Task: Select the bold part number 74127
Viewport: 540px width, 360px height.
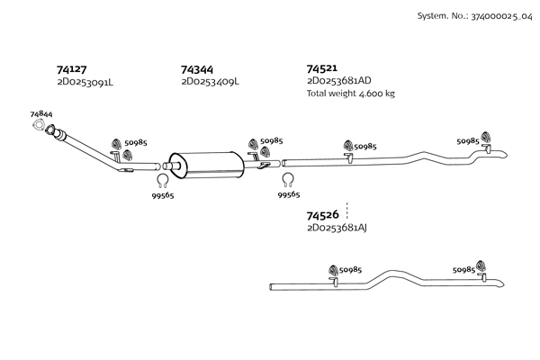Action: [x=71, y=68]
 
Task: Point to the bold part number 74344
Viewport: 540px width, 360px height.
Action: [x=196, y=68]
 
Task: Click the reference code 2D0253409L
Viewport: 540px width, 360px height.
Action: [x=210, y=82]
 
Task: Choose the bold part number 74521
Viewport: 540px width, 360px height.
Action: [x=321, y=68]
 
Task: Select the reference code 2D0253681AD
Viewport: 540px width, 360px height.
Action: [x=338, y=81]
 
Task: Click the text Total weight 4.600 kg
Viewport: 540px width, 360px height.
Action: [x=350, y=94]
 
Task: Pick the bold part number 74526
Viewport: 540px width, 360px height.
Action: [x=321, y=215]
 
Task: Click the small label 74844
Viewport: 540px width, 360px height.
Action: [x=40, y=114]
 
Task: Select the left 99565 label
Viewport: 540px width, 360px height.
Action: [x=163, y=194]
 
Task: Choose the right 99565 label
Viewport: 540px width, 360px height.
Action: [x=288, y=194]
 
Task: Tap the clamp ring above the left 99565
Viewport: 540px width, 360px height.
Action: [x=163, y=178]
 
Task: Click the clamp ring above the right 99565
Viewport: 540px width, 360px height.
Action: [x=288, y=178]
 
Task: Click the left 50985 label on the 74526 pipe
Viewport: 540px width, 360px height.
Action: [x=350, y=269]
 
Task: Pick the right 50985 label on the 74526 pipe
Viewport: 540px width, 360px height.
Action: [x=463, y=269]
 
